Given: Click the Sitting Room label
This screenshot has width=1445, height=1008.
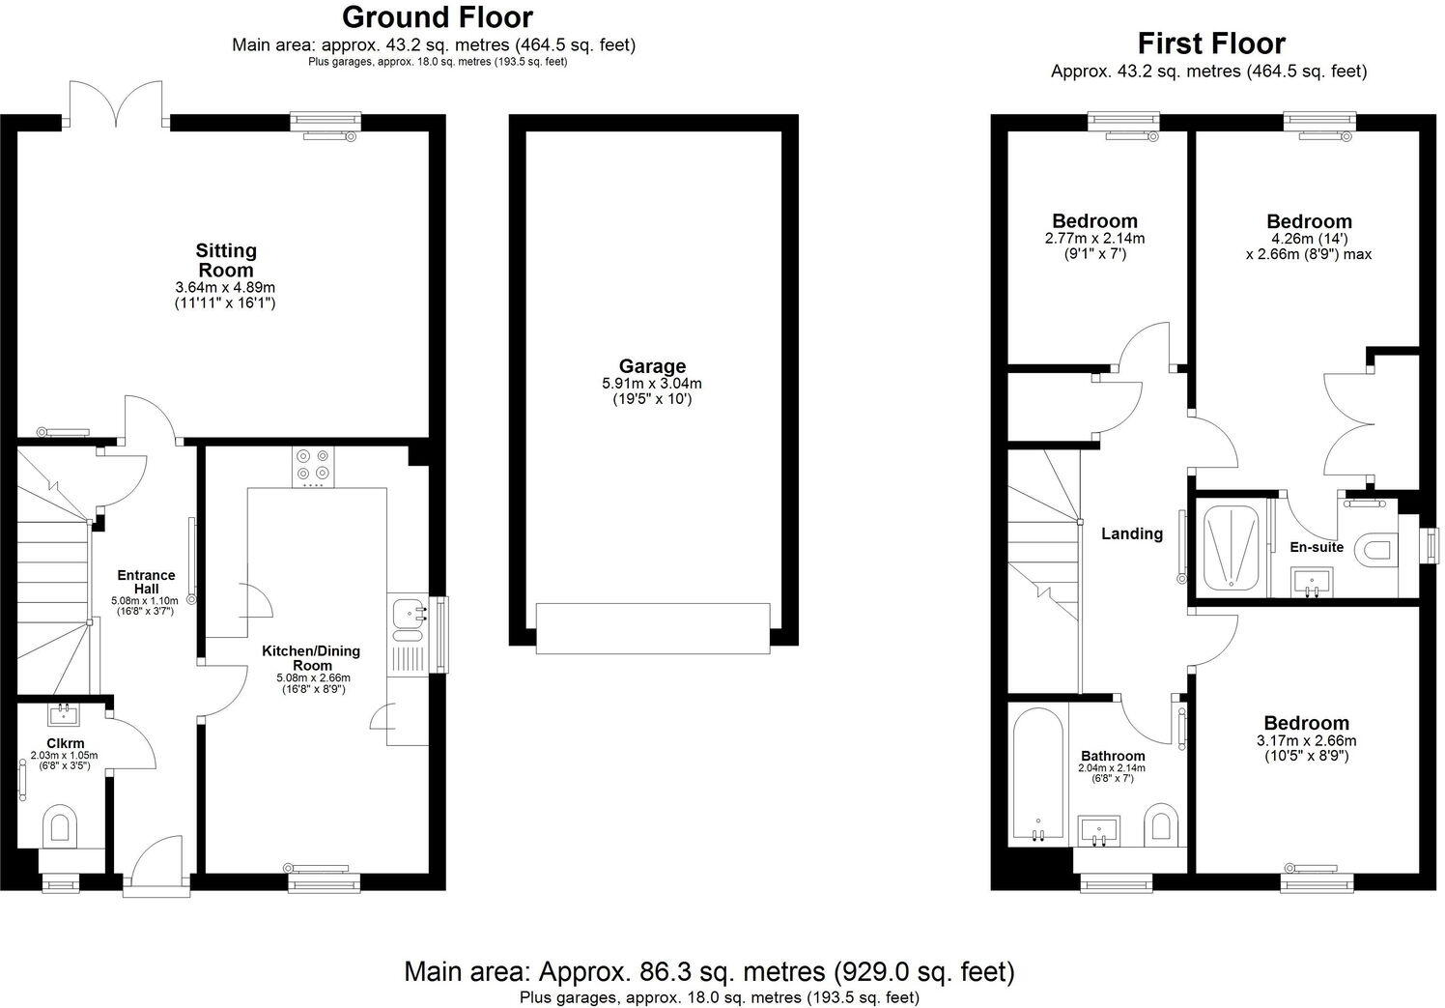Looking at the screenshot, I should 226,260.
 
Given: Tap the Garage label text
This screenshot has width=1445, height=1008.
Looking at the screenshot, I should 652,366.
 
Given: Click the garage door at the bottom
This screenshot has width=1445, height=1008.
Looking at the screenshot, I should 653,624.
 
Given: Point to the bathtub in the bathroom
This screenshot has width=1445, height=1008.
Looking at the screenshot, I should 1038,773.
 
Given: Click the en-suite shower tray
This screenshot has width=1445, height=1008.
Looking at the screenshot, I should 1232,546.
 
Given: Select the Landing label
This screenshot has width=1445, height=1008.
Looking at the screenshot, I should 1132,533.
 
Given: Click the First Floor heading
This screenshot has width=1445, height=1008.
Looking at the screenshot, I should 1210,43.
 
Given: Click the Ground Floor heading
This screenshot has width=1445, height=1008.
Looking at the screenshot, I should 437,17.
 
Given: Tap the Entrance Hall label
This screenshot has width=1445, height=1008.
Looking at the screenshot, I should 146,582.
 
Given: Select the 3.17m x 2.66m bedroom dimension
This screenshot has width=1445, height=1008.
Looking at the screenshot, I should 1306,741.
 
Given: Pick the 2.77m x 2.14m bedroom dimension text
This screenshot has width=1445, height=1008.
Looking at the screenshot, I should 1094,239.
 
